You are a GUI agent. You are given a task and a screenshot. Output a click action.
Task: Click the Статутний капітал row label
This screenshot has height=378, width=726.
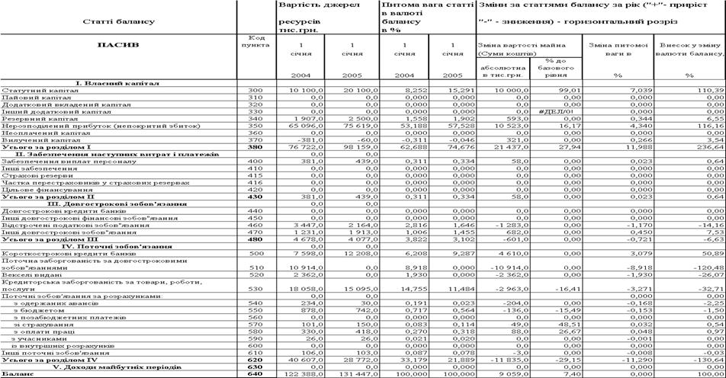point(30,91)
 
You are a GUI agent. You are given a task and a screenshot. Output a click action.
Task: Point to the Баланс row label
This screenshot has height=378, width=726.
point(16,374)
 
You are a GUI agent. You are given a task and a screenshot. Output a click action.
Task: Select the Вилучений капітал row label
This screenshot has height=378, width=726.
point(32,140)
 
